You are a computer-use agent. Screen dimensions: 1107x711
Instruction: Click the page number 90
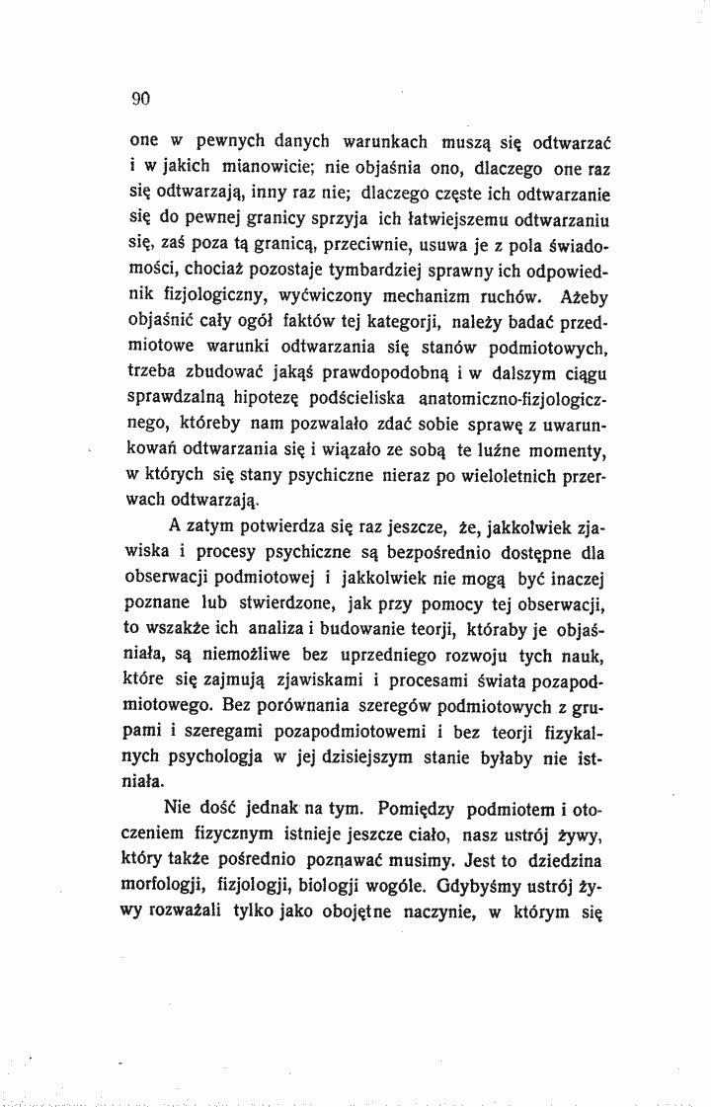pyautogui.click(x=138, y=98)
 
